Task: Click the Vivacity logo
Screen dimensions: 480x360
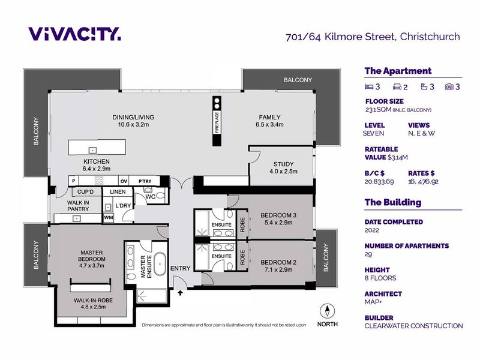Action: click(x=74, y=34)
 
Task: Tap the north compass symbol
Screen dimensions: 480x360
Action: click(x=327, y=311)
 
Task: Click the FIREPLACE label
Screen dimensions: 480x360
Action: click(x=217, y=122)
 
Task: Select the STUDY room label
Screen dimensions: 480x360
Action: click(x=283, y=164)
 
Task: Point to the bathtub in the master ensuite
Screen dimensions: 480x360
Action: click(x=160, y=264)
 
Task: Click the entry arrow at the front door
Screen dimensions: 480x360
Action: click(x=181, y=293)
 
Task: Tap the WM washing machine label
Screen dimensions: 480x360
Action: click(x=109, y=218)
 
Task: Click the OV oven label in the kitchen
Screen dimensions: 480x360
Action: click(x=124, y=181)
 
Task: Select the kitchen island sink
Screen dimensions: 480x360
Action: click(x=93, y=151)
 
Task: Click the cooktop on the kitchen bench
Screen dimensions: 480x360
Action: click(x=99, y=181)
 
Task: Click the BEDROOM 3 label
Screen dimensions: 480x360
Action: click(x=278, y=215)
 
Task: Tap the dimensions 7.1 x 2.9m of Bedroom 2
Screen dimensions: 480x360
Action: click(x=278, y=269)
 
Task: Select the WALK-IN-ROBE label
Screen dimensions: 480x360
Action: click(x=93, y=301)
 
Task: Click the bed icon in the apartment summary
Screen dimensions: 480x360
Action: click(x=369, y=87)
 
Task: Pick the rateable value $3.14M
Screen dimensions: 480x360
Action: click(x=398, y=157)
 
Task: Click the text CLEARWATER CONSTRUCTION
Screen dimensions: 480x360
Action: click(x=413, y=326)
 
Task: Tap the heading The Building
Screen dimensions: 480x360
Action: click(x=393, y=202)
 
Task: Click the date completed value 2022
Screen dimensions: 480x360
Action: click(x=371, y=230)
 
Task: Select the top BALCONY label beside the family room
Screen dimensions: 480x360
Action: click(x=298, y=80)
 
